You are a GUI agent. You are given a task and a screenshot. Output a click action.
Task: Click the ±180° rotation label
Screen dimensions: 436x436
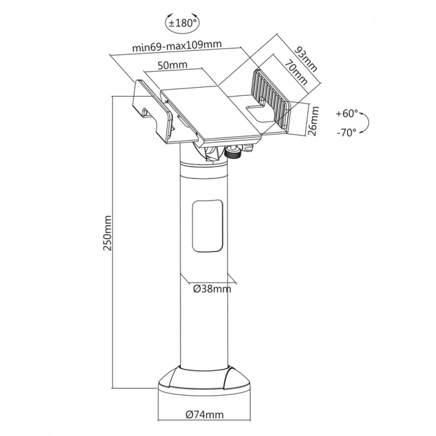pyautogui.click(x=183, y=23)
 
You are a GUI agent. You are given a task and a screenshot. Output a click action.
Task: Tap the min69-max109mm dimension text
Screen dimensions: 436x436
pyautogui.click(x=177, y=46)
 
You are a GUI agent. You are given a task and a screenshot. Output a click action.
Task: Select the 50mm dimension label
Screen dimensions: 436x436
pyautogui.click(x=172, y=65)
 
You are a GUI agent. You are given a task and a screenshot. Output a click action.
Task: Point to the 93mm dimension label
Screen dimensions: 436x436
pyautogui.click(x=306, y=59)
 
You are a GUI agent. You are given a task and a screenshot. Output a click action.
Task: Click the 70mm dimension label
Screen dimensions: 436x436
pyautogui.click(x=296, y=72)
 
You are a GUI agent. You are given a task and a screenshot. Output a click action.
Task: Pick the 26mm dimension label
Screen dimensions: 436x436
pyautogui.click(x=314, y=121)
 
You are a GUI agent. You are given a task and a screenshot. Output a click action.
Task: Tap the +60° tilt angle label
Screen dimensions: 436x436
pyautogui.click(x=347, y=113)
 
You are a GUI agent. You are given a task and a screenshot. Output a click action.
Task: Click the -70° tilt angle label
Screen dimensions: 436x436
pyautogui.click(x=347, y=133)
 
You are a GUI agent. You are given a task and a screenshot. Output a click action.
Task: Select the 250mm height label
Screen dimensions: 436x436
pyautogui.click(x=107, y=233)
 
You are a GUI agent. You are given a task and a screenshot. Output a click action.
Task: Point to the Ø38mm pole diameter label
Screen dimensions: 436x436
pyautogui.click(x=212, y=289)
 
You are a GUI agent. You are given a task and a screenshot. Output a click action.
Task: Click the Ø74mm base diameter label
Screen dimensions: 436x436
pyautogui.click(x=205, y=415)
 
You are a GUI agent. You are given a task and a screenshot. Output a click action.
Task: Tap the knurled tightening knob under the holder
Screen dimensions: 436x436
pyautogui.click(x=233, y=153)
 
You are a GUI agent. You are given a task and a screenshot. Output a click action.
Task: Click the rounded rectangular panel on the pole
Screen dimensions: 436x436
pyautogui.click(x=207, y=226)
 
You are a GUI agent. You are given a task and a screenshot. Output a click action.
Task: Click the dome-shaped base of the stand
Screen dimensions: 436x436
pyautogui.click(x=205, y=379)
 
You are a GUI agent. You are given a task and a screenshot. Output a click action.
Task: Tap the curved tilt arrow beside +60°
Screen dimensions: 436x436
pyautogui.click(x=366, y=123)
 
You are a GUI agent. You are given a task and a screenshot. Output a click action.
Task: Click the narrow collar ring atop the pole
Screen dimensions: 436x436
pyautogui.click(x=204, y=164)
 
